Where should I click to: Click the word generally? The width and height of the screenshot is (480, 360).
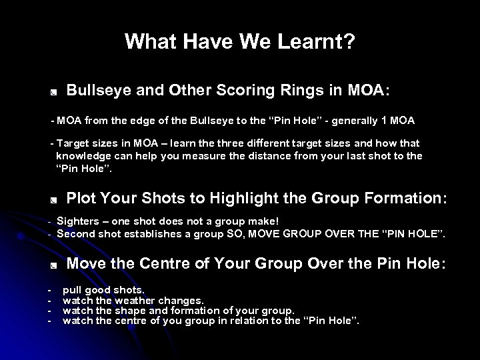click(x=361, y=121)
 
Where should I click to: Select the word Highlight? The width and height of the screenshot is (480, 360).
click(x=243, y=197)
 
